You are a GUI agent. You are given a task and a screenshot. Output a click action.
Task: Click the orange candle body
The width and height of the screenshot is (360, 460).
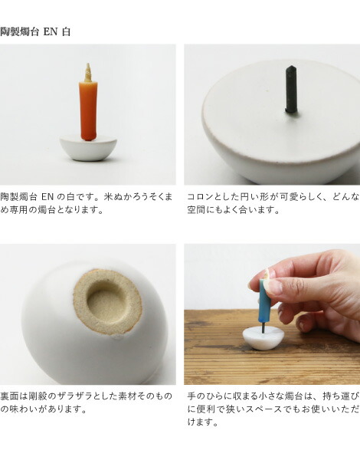point(87,111)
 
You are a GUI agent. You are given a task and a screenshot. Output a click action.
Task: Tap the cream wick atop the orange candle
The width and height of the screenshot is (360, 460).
point(88,73)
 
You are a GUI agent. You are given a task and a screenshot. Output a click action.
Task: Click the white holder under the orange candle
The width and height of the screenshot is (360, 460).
point(88,148)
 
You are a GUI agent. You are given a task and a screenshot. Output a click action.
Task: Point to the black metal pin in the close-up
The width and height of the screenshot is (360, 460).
point(291,90)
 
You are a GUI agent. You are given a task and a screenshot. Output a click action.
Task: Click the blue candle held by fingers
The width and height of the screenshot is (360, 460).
point(264,300)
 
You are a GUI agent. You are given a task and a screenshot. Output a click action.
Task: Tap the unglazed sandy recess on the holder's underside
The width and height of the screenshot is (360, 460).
point(107,302)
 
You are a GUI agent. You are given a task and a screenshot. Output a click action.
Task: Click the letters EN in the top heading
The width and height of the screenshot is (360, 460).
point(51,31)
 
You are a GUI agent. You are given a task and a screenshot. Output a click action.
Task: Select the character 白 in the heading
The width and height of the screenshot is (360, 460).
point(66,31)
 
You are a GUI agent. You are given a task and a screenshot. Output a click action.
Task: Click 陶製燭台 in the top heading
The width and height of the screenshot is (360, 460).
point(19,31)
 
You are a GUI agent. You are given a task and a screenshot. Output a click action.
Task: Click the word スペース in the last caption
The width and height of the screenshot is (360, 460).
point(267,409)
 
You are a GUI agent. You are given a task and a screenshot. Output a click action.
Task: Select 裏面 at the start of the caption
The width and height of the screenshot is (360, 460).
point(9,396)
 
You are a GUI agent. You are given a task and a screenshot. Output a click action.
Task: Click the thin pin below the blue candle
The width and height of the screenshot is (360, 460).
point(263,327)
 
